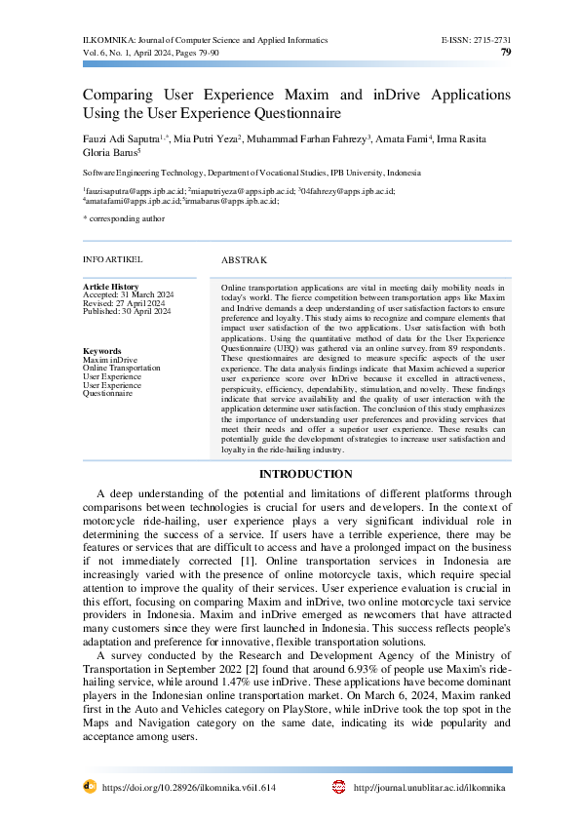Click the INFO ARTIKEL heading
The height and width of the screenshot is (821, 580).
(x=113, y=259)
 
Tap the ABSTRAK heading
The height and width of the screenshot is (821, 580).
(x=244, y=260)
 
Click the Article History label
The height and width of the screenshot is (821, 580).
(x=111, y=287)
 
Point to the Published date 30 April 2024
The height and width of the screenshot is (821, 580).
(x=146, y=311)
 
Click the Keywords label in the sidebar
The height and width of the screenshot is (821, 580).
(x=102, y=351)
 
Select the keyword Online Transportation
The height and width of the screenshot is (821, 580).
(x=122, y=368)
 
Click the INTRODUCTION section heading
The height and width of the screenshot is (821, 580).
(x=305, y=475)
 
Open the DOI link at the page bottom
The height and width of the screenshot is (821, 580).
(x=189, y=787)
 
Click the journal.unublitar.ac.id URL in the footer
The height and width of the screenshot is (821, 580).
(x=430, y=787)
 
